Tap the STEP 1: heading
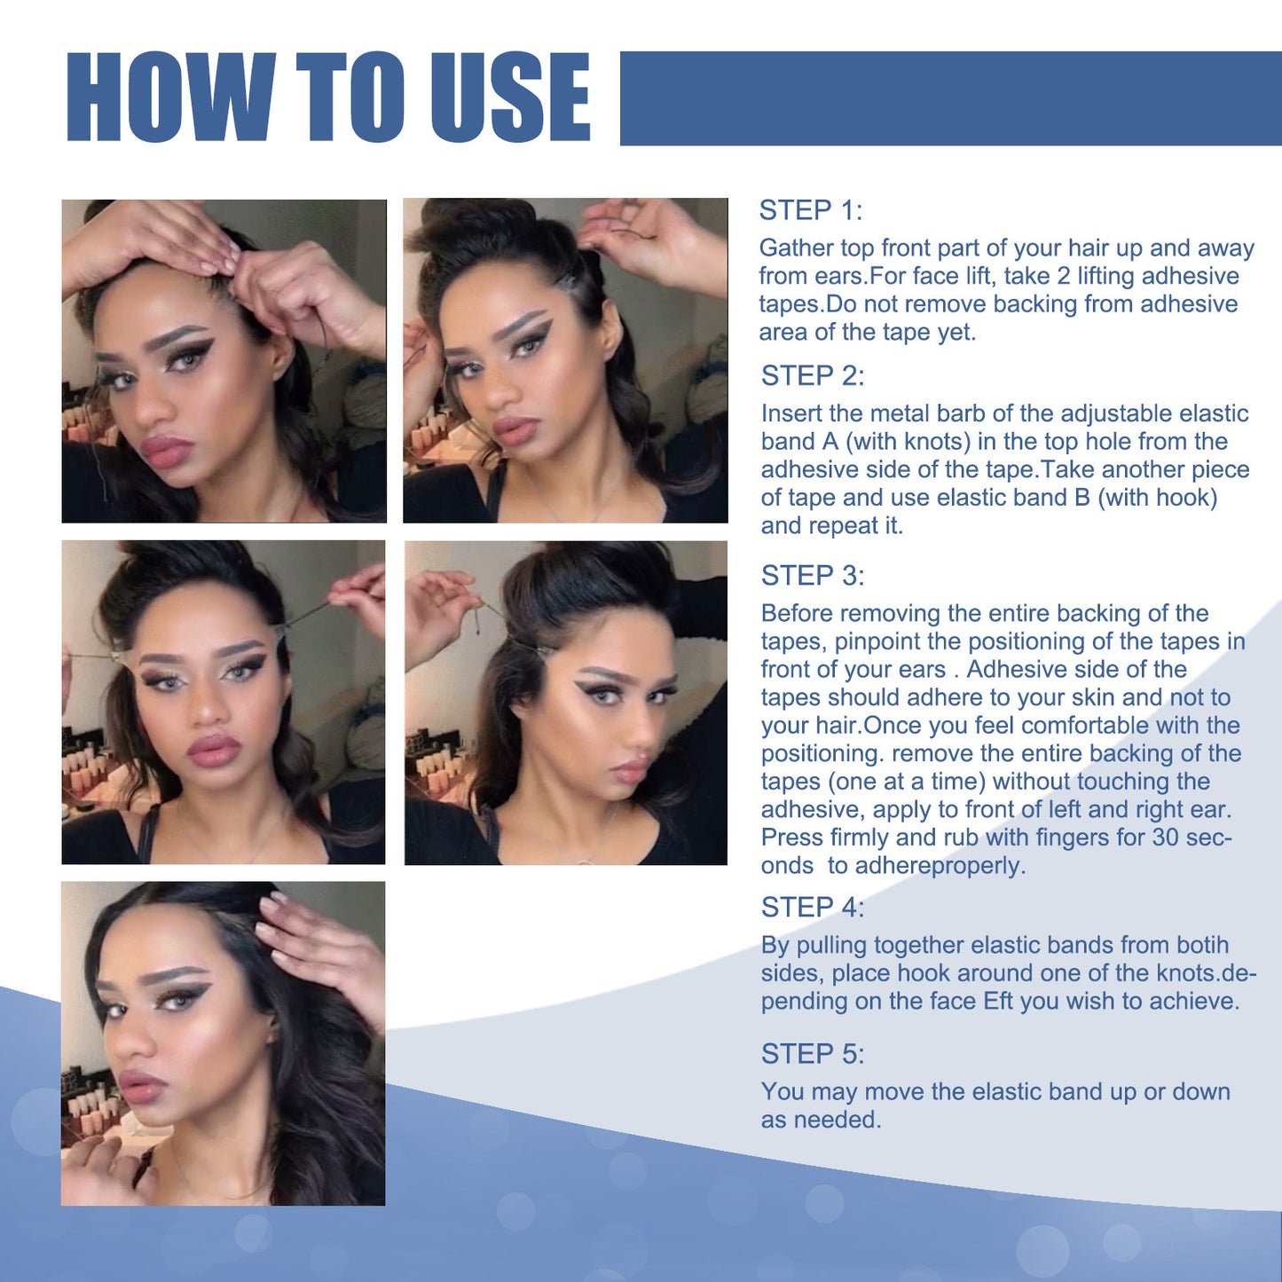tap(810, 210)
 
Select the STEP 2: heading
tap(812, 375)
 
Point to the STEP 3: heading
tap(812, 575)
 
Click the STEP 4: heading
tap(812, 907)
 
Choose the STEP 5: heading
tap(812, 1053)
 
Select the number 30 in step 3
tap(1165, 837)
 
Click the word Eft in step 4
tap(997, 1001)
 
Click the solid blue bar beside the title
tap(949, 98)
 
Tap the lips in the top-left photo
tap(167, 450)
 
